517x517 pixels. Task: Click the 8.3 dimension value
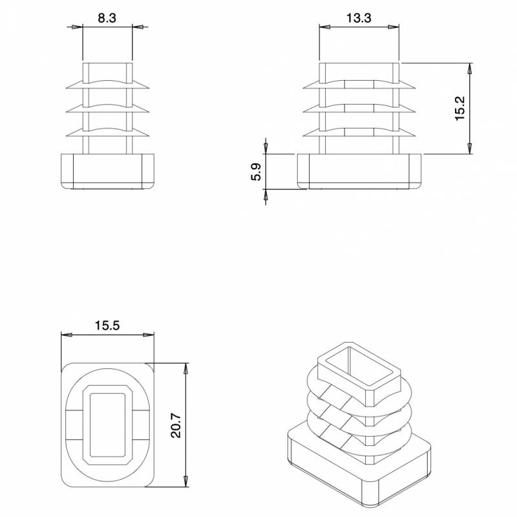[107, 19]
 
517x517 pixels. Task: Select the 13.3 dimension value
[358, 19]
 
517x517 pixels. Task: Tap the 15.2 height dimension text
[460, 108]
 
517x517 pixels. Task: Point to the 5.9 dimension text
[256, 173]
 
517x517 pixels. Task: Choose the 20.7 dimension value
[176, 426]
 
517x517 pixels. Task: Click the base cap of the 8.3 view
[108, 171]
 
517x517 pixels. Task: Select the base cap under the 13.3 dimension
[359, 171]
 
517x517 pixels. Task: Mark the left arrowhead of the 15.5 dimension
[65, 334]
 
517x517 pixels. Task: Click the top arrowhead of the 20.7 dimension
[186, 367]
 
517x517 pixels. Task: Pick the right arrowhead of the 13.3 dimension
[394, 26]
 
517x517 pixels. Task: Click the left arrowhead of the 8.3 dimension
[79, 26]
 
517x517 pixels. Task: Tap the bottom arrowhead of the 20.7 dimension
[186, 483]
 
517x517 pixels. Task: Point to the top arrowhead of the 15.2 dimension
[470, 67]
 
